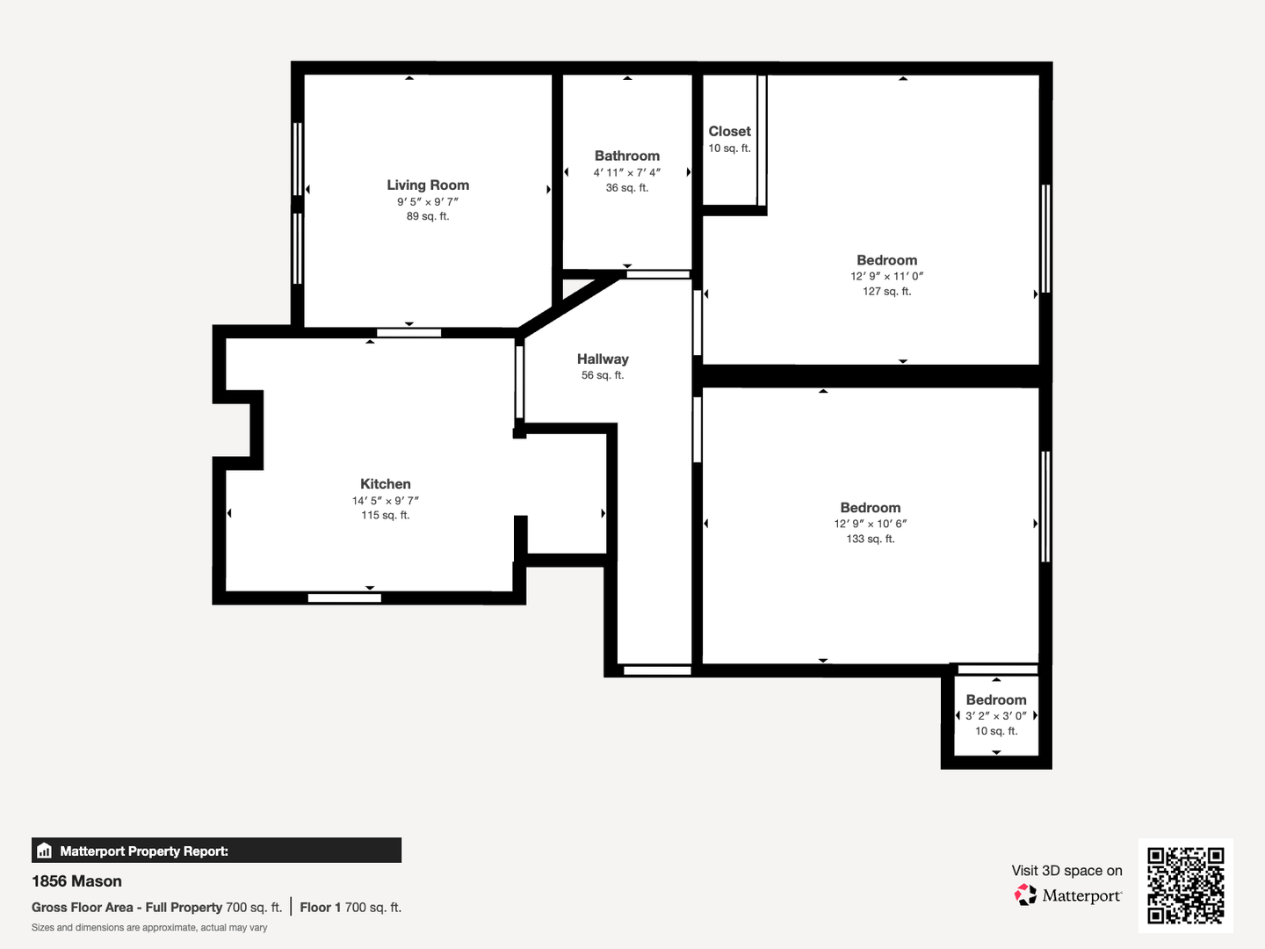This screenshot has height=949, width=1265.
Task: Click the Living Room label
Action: (428, 185)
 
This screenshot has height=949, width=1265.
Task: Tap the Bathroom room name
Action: (627, 156)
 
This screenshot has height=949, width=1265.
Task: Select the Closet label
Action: (730, 132)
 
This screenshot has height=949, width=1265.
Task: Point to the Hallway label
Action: (603, 359)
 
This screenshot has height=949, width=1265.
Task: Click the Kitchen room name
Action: (386, 484)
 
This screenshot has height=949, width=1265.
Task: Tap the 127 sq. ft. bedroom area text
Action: (887, 292)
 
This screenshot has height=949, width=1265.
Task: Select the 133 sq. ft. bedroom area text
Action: (871, 539)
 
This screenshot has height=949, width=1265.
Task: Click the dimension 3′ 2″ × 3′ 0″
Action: (996, 715)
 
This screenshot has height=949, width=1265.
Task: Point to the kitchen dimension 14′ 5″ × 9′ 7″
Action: (386, 501)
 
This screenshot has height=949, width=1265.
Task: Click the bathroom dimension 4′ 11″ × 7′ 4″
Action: (627, 172)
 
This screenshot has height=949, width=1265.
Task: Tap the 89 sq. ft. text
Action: (428, 216)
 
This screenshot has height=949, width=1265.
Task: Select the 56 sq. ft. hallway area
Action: (603, 375)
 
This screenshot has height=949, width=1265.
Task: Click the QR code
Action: (1185, 885)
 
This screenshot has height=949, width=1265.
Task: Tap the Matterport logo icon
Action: (1025, 895)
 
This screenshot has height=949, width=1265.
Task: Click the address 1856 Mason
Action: (76, 881)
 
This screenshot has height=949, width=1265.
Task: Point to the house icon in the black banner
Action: (45, 851)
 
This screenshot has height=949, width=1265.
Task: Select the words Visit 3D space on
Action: (1066, 871)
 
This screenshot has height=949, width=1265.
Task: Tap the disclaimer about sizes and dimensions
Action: (149, 928)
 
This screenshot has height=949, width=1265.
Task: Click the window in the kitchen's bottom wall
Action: (344, 598)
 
